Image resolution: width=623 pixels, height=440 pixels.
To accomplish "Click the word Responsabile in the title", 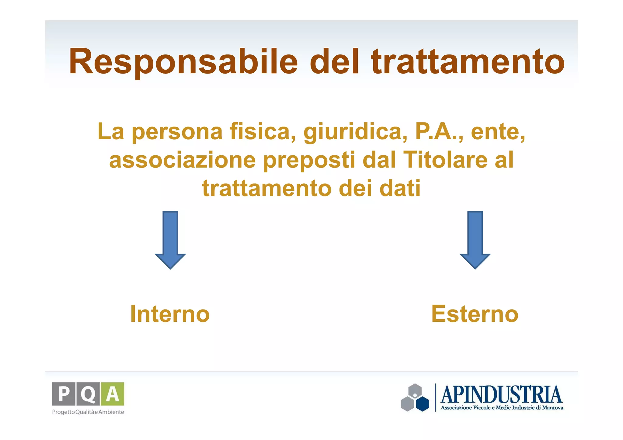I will click(x=183, y=61).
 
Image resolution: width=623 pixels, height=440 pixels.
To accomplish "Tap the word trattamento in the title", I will click(x=468, y=61).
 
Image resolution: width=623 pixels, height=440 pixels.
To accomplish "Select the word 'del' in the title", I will click(x=334, y=61).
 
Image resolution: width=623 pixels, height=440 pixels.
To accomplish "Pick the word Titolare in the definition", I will click(x=445, y=160).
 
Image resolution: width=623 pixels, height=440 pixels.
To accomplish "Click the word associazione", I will click(x=182, y=160).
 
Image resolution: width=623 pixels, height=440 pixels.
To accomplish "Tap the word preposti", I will click(x=309, y=160).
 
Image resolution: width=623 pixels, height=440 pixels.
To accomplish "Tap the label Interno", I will click(x=170, y=314).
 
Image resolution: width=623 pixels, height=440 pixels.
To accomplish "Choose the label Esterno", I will click(x=475, y=314).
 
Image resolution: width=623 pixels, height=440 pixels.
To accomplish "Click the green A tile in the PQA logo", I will click(x=112, y=394).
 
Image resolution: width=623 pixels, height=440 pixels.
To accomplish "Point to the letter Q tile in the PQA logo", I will click(x=88, y=394).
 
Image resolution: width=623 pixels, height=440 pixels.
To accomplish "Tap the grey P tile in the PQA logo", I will click(x=64, y=394).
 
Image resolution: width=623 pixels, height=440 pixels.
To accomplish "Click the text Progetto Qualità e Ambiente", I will click(x=88, y=412).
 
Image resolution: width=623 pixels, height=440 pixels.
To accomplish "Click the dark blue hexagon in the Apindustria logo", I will click(x=422, y=404).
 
